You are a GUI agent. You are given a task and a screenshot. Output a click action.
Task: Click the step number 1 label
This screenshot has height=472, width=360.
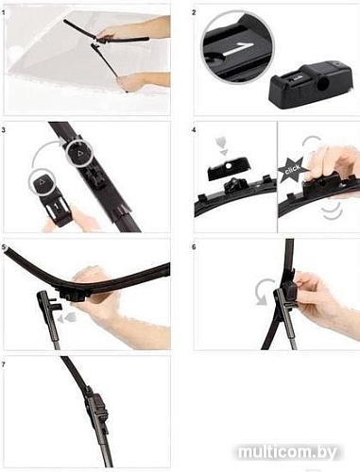(3, 13)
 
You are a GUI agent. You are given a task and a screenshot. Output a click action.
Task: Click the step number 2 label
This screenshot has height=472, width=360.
(194, 12)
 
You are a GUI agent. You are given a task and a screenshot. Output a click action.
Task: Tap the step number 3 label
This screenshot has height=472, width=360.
(4, 129)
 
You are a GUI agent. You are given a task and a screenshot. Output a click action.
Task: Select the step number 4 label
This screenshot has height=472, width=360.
(194, 129)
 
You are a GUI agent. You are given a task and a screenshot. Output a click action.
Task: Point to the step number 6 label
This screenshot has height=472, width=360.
(194, 247)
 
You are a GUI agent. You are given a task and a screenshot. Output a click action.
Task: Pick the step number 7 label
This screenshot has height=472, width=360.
(4, 364)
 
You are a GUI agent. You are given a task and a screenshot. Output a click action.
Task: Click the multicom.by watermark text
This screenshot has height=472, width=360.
(287, 452)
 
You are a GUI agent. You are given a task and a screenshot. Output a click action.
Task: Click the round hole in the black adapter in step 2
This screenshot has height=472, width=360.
(321, 84)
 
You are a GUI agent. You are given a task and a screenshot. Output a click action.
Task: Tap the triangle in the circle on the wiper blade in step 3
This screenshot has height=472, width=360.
(78, 153)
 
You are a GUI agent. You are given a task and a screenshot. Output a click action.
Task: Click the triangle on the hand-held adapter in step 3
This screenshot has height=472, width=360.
(42, 182)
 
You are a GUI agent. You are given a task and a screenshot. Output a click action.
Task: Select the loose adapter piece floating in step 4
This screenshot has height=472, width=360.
(229, 169)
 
